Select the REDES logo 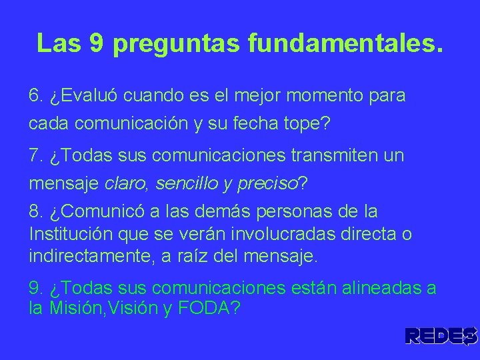(441, 336)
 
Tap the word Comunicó (97, 212)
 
